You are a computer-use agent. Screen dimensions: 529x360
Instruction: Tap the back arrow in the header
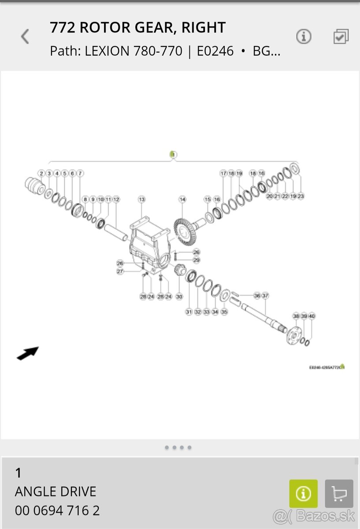[x=25, y=37]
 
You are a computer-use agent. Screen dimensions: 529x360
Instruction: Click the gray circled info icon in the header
[x=304, y=37]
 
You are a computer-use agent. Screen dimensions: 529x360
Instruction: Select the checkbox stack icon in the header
[x=341, y=37]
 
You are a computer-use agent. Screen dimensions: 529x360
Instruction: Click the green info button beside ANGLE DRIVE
[x=303, y=494]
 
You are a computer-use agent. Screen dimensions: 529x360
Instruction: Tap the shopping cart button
[x=339, y=494]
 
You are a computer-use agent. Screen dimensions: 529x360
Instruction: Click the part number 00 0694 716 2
[x=57, y=510]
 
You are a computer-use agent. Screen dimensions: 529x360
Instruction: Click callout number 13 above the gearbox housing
[x=141, y=199]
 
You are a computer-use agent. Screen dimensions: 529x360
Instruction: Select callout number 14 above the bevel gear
[x=182, y=199]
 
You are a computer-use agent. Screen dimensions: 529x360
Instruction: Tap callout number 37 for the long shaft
[x=265, y=295]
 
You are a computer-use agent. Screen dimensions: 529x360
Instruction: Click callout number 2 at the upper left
[x=41, y=173]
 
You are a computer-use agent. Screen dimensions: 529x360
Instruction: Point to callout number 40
[x=312, y=316]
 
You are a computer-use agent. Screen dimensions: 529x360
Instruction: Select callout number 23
[x=301, y=196]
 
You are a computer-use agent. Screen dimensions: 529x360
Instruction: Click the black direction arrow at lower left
[x=28, y=353]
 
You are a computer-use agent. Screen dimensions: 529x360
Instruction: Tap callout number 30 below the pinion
[x=179, y=297]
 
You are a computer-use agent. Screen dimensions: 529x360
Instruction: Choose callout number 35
[x=224, y=312]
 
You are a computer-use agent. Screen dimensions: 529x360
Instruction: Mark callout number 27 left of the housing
[x=120, y=272]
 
